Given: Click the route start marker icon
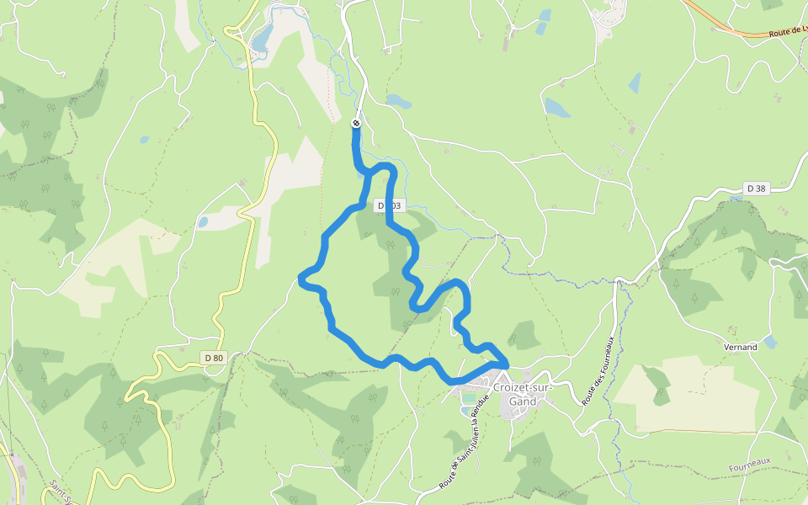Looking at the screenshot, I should (355, 124).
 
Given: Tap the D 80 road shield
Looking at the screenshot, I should (214, 358).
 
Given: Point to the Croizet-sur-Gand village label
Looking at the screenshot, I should (521, 394).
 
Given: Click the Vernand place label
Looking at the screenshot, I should (740, 347).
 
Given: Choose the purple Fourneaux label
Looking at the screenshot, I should (751, 461).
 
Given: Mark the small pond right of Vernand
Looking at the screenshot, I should (769, 342).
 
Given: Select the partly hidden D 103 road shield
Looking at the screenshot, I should (391, 205).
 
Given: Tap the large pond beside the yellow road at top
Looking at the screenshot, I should (262, 38).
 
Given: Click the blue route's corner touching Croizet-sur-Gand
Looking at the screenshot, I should (505, 363).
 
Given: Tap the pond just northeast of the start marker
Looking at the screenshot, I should (398, 101).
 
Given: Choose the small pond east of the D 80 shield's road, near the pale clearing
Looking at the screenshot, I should (202, 222).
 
